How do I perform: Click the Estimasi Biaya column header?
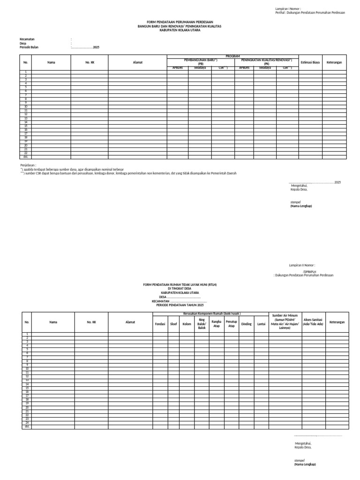pos(310,62)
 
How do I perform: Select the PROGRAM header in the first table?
pos(232,56)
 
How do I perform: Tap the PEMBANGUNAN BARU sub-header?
pos(201,61)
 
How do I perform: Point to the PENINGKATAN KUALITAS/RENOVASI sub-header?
pos(266,61)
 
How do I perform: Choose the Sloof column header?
pos(173,324)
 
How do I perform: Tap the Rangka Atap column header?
pos(217,324)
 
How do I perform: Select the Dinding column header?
pos(246,324)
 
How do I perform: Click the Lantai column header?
pos(261,324)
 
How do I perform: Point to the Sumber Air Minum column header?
pos(285,322)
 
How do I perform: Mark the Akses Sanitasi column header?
pos(313,322)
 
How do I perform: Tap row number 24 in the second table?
pos(27,423)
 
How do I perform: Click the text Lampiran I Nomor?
pos(288,9)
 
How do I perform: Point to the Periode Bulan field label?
pos(29,47)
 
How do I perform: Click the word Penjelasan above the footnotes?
pos(28,165)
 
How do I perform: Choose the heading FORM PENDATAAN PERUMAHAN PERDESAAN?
pos(180,22)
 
